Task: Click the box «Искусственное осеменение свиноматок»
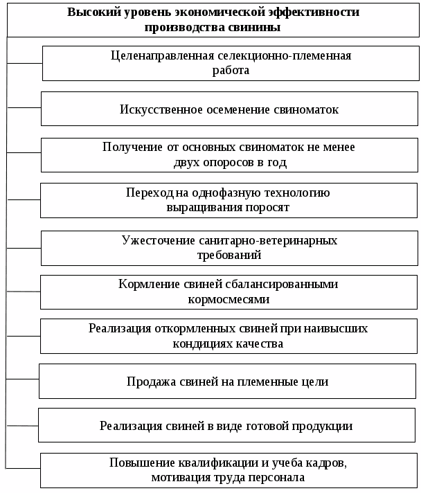(x=229, y=109)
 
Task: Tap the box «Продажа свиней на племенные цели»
(x=227, y=381)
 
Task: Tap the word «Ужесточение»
(x=152, y=240)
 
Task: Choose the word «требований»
(x=229, y=255)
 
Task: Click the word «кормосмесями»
(x=229, y=300)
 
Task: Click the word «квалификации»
(x=197, y=462)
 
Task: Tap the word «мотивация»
(x=180, y=477)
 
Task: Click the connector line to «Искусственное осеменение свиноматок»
(x=24, y=107)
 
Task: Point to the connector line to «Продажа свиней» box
(x=22, y=379)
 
